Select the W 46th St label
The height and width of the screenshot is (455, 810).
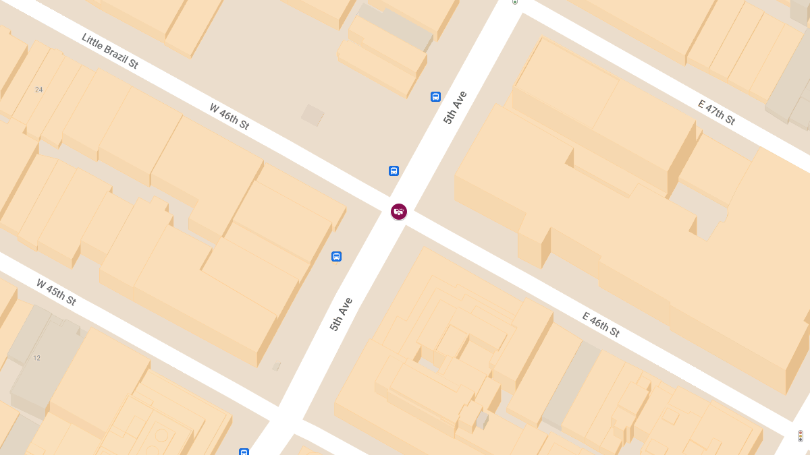(x=230, y=116)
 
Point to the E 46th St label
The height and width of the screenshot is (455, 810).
(x=601, y=324)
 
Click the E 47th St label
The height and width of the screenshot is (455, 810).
(x=717, y=112)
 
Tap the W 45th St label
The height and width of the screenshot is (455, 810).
(x=56, y=292)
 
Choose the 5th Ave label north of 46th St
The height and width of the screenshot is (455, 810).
(x=455, y=107)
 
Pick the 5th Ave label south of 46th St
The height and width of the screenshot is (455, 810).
(x=342, y=314)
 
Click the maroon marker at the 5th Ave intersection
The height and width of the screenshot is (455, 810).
(x=399, y=212)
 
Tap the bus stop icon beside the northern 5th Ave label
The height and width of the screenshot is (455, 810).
(x=435, y=96)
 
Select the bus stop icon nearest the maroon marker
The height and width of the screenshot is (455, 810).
(x=394, y=171)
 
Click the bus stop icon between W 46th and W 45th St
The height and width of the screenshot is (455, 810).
(x=336, y=256)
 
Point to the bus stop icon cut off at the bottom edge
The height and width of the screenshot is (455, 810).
(x=244, y=452)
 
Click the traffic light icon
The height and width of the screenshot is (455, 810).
(x=800, y=436)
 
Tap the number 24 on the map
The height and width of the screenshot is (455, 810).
(x=38, y=90)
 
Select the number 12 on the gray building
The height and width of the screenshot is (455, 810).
(x=36, y=358)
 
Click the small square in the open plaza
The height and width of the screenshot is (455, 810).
(x=313, y=115)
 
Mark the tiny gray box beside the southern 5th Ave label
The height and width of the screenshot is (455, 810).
(x=276, y=367)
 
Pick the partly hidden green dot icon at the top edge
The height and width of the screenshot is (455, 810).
(x=515, y=2)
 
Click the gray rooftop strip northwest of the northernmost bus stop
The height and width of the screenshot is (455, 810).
(x=397, y=27)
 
